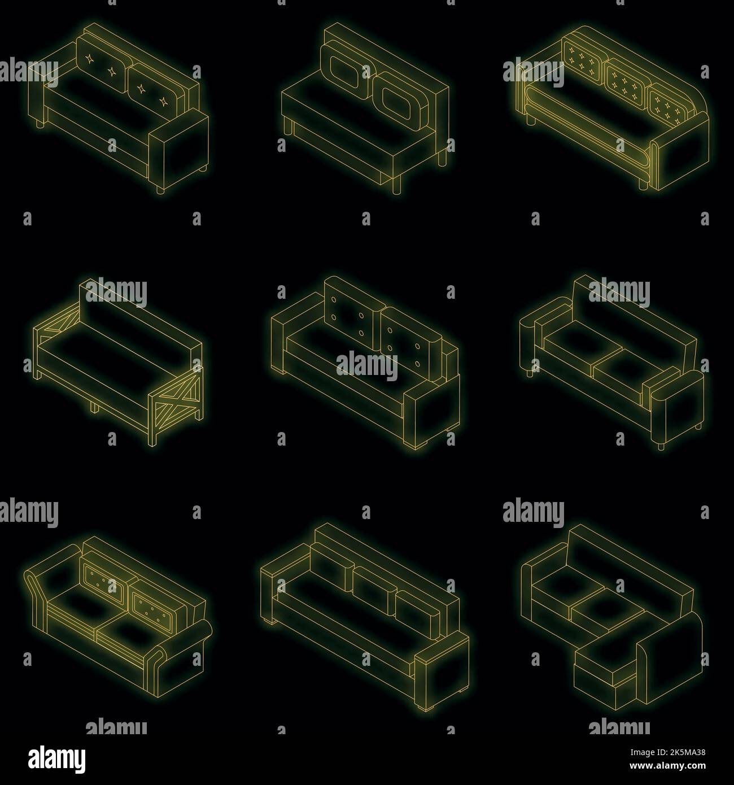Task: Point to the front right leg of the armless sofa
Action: (399, 184)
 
